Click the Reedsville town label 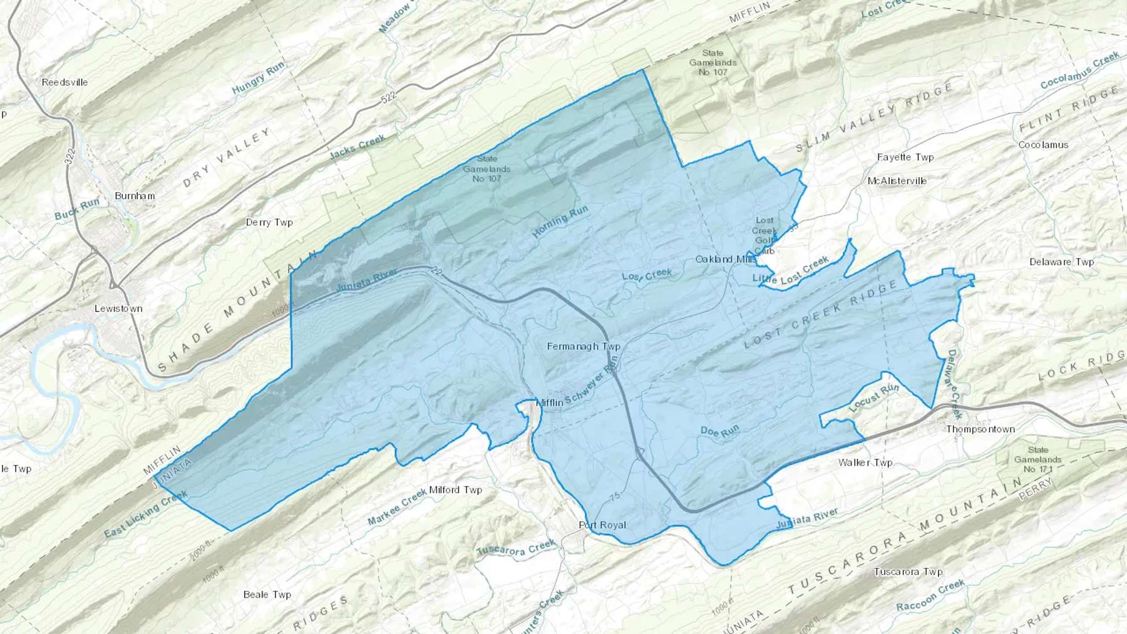[64, 82]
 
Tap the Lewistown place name [118, 308]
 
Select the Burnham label [135, 196]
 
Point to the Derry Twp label [269, 222]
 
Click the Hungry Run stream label [258, 79]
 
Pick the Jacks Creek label [358, 146]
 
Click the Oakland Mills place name [726, 259]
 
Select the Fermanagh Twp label [584, 346]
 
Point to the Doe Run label [719, 431]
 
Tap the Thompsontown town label [980, 429]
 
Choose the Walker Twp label [865, 463]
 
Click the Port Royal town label [602, 525]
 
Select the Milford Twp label [456, 490]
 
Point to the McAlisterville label [897, 181]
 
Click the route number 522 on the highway [389, 98]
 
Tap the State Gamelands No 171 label [1037, 459]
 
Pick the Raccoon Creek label [930, 596]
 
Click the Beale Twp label [267, 595]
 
